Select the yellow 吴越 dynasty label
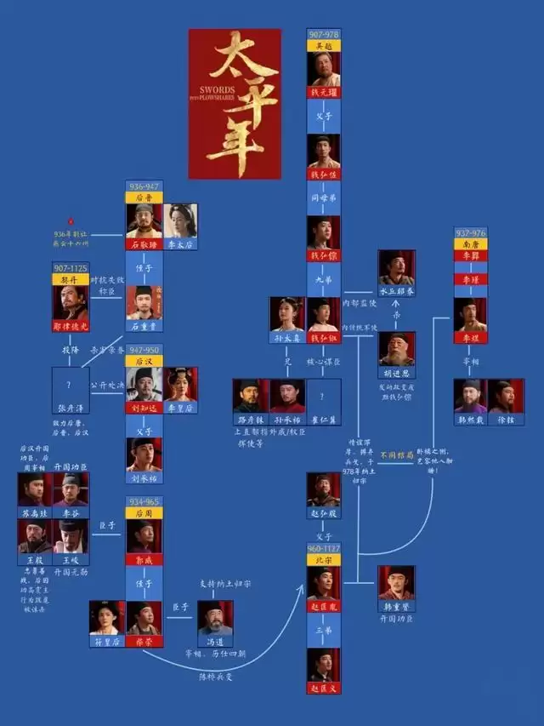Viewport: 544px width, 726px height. [x=323, y=45]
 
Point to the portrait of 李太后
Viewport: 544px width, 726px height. [x=179, y=220]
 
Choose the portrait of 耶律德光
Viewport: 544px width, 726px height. [x=71, y=302]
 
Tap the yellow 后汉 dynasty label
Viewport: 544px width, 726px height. [x=144, y=361]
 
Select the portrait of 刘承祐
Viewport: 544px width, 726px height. [x=144, y=454]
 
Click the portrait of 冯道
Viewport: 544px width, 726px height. [x=215, y=617]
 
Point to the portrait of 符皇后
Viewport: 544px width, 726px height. [x=107, y=617]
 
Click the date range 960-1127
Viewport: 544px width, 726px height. [x=323, y=549]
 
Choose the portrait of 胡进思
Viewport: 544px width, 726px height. [x=397, y=348]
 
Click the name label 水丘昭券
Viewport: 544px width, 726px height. [x=397, y=289]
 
